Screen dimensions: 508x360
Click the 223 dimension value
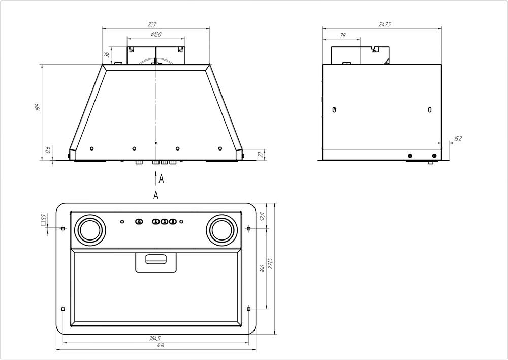[x=151, y=24]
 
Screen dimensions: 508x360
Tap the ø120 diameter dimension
[x=156, y=35]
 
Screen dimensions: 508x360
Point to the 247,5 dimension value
[x=385, y=24]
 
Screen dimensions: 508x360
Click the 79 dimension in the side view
[x=343, y=35]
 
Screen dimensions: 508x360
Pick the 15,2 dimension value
[x=458, y=139]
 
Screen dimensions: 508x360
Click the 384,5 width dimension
[x=155, y=338]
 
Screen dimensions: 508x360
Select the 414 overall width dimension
[x=161, y=346]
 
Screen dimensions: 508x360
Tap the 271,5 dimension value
[x=271, y=263]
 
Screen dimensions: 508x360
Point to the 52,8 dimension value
[x=263, y=216]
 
